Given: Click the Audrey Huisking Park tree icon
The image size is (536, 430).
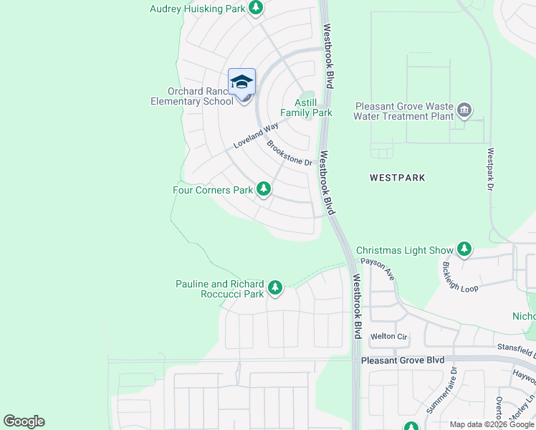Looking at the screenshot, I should (257, 8).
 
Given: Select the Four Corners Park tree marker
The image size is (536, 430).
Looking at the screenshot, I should (264, 189).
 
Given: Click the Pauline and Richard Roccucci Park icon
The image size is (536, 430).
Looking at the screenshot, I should (274, 288).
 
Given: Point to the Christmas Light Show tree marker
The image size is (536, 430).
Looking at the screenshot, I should (465, 249).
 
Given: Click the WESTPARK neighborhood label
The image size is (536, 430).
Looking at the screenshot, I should (398, 177).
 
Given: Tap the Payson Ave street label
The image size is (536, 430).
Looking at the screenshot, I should (378, 269).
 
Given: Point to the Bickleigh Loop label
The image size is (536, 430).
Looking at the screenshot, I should (459, 277).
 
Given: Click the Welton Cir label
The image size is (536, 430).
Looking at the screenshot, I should (388, 336).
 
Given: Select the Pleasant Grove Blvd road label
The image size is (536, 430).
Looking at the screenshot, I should (403, 360).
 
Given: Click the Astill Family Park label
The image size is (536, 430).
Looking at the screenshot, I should (306, 107).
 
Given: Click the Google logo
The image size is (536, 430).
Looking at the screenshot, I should (24, 421).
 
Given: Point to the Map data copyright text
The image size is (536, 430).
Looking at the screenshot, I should (492, 424).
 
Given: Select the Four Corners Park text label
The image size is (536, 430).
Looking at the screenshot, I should (213, 190).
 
